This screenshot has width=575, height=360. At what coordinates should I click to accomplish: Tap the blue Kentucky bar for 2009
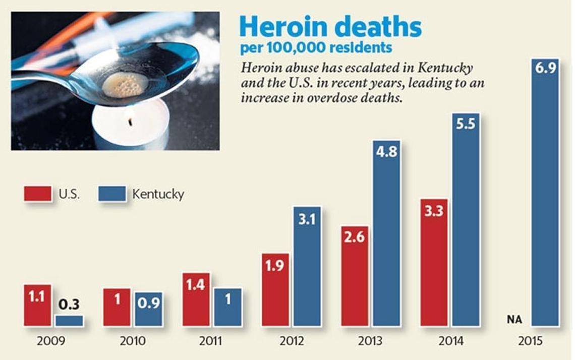coord(69,321)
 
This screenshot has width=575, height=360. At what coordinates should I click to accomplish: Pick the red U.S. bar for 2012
coord(275,290)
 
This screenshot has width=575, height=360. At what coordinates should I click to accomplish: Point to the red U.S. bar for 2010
coord(117,307)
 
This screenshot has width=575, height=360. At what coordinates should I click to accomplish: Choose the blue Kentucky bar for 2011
coord(227,307)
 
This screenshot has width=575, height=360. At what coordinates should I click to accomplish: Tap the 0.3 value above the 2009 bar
coord(69,305)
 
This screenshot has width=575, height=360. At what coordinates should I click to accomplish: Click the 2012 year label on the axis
coord(291,341)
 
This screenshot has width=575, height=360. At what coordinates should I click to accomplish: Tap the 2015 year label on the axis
coord(530,341)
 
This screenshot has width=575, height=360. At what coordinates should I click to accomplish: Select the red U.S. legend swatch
coord(38,194)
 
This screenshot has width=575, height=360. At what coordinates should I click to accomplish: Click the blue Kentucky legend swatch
coord(112,194)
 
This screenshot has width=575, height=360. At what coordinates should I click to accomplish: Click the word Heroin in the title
coord(280,27)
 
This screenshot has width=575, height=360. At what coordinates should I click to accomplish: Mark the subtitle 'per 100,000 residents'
coord(316,48)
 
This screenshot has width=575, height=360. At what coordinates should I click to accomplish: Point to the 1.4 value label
coord(196,285)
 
